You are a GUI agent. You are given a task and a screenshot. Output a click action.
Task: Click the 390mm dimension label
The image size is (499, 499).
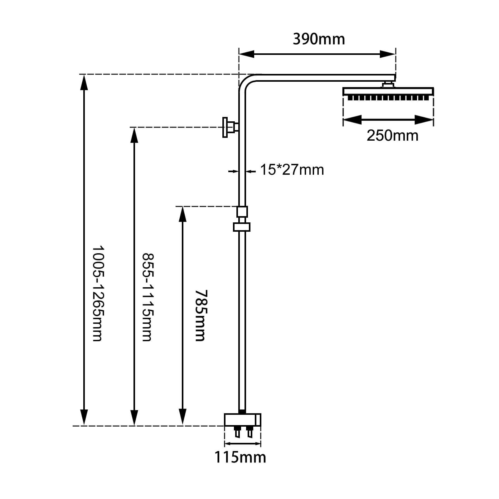[319, 39]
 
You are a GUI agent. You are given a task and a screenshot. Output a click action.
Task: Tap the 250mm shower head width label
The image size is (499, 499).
[392, 136]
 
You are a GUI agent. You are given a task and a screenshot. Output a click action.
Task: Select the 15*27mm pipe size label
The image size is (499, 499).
[292, 170]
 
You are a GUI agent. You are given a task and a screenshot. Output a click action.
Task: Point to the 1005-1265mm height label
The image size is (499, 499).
[98, 293]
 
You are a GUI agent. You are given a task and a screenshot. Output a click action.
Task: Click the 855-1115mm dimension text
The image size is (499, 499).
[148, 297]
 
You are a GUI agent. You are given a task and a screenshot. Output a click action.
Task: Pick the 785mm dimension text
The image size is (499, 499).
[201, 315]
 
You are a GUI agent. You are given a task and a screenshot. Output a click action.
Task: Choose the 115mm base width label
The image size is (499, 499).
[240, 458]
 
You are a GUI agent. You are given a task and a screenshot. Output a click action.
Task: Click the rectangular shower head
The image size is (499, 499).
[388, 94]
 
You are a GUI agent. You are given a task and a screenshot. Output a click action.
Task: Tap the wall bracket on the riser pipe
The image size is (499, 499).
[230, 127]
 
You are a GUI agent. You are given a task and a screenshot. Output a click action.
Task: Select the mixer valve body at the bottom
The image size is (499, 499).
[242, 420]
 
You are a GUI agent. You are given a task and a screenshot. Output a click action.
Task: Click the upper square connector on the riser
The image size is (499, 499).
[242, 211]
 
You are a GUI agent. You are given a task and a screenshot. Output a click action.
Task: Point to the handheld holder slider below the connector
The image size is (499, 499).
[242, 227]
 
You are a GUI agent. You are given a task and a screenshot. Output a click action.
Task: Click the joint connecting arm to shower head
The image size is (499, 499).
[388, 85]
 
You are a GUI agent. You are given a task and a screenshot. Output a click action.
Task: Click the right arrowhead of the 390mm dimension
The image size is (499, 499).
[388, 54]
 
